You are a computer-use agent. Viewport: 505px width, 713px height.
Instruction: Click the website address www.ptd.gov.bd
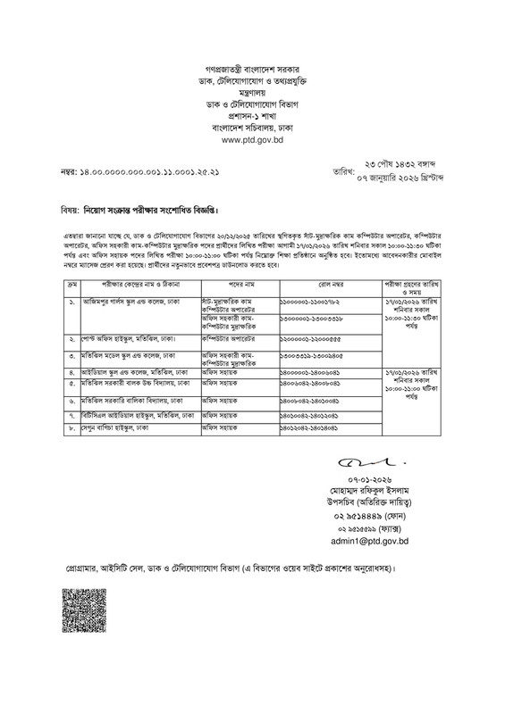tap(252, 139)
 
